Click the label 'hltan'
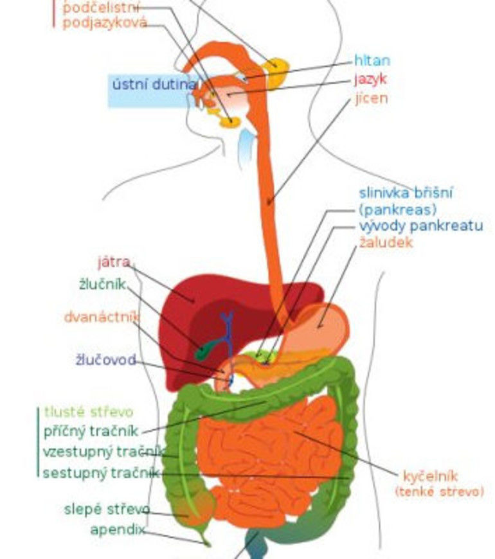click(x=372, y=61)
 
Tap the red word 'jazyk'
click(x=370, y=80)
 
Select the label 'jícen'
click(x=371, y=100)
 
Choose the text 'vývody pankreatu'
click(x=420, y=226)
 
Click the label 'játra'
click(x=114, y=262)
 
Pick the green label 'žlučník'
click(x=102, y=283)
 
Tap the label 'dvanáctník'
click(x=102, y=317)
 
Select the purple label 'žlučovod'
click(x=105, y=360)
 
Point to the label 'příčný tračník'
click(x=92, y=430)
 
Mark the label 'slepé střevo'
click(x=107, y=510)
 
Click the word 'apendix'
click(x=117, y=530)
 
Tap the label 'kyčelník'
click(x=430, y=476)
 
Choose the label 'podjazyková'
click(x=105, y=23)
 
